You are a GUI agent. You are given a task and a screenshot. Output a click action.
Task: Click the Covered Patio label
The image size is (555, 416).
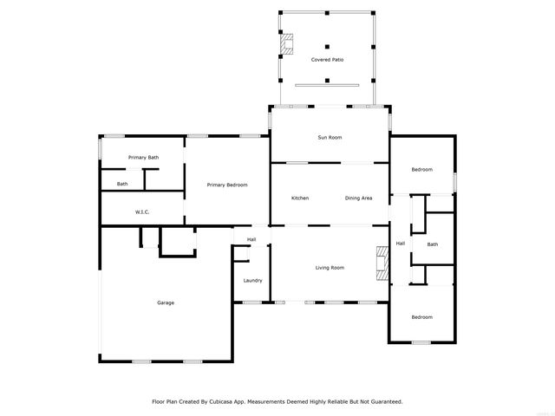(x=327, y=59)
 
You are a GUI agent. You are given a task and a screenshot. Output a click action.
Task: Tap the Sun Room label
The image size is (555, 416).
(x=330, y=138)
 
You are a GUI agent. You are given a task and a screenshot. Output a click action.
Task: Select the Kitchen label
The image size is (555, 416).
(x=300, y=198)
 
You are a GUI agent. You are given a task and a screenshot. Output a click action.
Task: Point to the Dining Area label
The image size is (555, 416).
(x=358, y=198)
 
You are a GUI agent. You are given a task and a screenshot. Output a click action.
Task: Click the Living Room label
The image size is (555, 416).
(x=330, y=268)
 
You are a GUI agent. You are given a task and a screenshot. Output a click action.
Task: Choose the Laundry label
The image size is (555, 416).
(x=252, y=280)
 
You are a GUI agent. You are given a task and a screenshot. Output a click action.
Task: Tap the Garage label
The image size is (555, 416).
(x=166, y=302)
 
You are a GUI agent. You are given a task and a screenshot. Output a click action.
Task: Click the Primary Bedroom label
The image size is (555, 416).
(x=227, y=185)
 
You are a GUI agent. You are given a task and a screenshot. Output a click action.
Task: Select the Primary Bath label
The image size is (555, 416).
(x=143, y=157)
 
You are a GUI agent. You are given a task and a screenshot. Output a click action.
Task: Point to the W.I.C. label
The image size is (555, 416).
(x=143, y=211)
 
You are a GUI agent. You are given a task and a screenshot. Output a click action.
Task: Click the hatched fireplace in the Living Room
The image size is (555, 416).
(x=380, y=261)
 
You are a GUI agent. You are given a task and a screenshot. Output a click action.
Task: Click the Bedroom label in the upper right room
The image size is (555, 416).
(x=421, y=169)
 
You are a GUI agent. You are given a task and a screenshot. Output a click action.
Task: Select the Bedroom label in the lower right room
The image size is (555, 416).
(x=421, y=317)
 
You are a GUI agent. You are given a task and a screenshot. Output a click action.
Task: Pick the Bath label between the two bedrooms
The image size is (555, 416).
(x=432, y=244)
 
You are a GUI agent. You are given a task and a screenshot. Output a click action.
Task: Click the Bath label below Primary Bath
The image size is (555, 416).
(x=122, y=184)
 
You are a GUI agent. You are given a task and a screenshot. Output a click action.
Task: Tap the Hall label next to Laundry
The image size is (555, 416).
(x=251, y=239)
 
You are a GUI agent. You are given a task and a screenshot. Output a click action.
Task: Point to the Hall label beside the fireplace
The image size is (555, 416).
(x=401, y=244)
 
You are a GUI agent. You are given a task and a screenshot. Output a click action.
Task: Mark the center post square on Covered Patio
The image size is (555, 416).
(x=327, y=47)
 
